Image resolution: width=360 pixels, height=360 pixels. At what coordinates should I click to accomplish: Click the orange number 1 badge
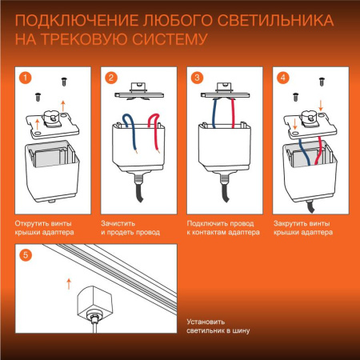26,78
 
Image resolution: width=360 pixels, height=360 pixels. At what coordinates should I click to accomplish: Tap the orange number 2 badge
111,78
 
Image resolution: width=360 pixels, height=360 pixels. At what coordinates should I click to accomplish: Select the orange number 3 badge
197,78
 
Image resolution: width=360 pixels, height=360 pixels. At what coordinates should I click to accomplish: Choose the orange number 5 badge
26,256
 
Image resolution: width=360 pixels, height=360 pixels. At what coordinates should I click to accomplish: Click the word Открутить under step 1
33,219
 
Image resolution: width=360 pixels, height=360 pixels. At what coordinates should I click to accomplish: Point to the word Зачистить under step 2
119,219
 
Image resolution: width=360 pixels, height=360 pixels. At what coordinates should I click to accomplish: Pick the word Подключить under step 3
206,219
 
